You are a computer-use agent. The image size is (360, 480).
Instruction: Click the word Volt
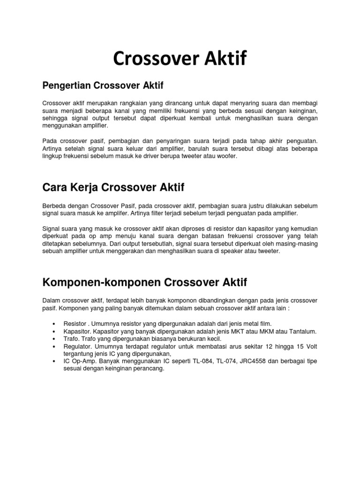click(309, 346)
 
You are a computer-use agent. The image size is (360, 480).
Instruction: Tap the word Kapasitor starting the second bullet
click(77, 331)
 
